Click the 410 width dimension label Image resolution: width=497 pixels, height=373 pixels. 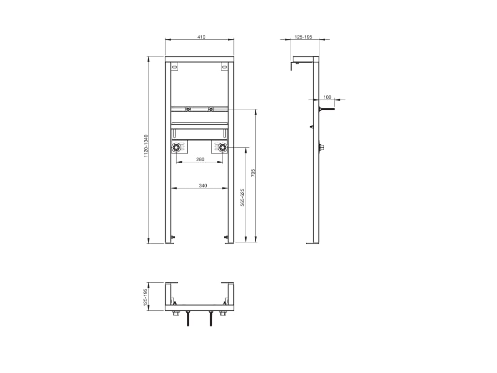point(201,37)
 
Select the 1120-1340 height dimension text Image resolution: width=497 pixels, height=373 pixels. point(146,146)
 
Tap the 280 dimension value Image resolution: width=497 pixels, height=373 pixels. point(200,159)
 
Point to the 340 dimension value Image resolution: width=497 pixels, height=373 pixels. point(203,186)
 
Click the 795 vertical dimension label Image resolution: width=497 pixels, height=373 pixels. point(253,173)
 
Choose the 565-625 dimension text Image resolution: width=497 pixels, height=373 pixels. point(242,197)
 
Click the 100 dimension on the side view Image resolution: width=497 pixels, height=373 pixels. point(327,97)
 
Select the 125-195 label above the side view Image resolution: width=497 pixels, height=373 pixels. point(303,37)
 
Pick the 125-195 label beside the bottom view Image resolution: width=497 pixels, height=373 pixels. point(146,297)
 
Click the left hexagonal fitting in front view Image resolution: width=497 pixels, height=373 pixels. point(176,148)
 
